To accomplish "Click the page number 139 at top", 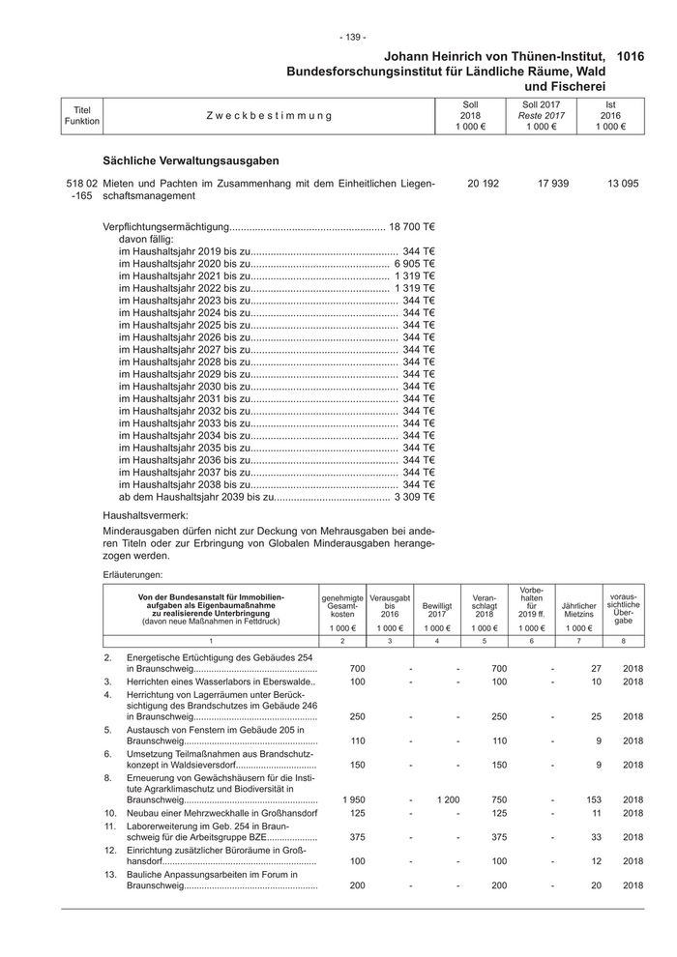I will point(352,37).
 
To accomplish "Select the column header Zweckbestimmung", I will point(268,116).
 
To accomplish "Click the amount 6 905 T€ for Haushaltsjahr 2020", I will point(415,262).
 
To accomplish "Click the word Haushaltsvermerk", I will point(145,516).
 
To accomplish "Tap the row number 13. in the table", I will point(109,874).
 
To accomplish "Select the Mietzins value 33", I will point(595,837).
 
